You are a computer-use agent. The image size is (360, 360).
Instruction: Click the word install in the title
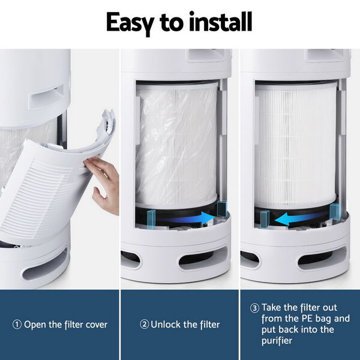tap(220, 22)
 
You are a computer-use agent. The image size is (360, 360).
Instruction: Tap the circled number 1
tap(17, 325)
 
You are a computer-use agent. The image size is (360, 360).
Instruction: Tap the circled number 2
tap(145, 325)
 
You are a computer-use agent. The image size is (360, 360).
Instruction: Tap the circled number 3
tap(254, 308)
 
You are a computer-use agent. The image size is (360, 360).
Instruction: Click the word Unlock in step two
tap(166, 325)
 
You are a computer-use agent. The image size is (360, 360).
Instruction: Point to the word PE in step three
tap(307, 319)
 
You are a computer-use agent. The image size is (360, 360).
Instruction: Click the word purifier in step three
tap(277, 341)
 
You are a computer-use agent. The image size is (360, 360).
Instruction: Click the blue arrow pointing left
tap(298, 219)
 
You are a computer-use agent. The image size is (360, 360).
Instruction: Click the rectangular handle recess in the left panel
tap(47, 97)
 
